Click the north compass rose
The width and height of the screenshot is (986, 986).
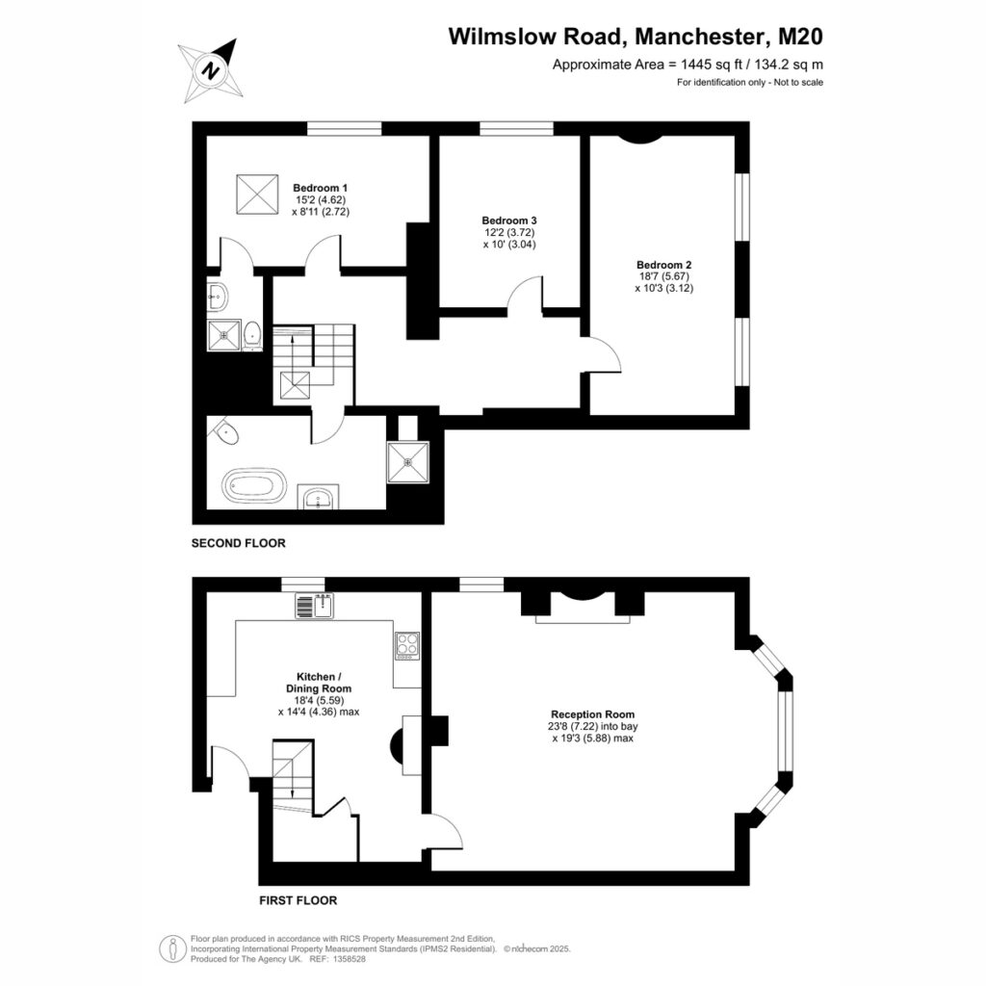(211, 69)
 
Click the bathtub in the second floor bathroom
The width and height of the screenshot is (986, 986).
(254, 485)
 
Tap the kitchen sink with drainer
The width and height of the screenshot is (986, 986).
(315, 606)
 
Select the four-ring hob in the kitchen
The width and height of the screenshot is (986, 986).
(407, 646)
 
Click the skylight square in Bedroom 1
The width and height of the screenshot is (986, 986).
(257, 195)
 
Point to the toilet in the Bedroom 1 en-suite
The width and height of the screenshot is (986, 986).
(252, 334)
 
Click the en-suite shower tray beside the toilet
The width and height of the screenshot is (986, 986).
(223, 336)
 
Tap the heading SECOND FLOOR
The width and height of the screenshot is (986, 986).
(239, 543)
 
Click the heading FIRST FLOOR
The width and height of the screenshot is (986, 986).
(298, 900)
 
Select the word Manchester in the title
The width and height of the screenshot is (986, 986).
(702, 37)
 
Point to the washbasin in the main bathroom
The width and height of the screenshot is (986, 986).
(318, 498)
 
